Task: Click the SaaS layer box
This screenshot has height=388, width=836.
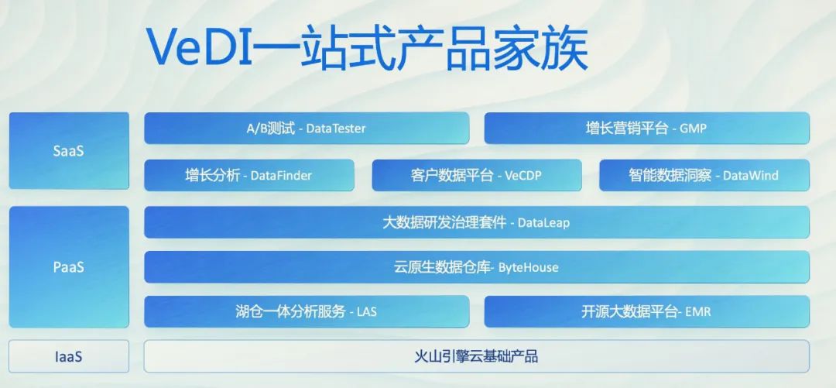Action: point(69,151)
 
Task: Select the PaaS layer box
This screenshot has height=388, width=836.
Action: point(69,266)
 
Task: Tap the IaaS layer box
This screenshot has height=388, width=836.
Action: point(69,356)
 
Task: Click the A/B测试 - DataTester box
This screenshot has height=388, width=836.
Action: point(307,129)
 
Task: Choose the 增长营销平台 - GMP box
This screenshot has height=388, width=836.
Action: point(646,129)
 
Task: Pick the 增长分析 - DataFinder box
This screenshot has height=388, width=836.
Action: point(248,175)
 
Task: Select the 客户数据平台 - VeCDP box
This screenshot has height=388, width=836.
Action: point(476,175)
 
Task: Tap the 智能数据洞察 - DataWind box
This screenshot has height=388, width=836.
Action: point(704,175)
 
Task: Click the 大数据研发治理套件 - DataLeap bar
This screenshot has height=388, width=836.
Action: point(476,222)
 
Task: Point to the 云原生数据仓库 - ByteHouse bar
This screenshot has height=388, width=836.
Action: point(476,267)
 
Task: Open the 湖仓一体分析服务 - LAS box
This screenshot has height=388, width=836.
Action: point(307,312)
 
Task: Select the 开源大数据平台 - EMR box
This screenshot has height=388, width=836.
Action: point(646,312)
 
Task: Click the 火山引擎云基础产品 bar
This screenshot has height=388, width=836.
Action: point(476,356)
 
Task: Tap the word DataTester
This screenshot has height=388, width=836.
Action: point(336,129)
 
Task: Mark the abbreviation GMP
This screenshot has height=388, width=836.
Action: point(693,129)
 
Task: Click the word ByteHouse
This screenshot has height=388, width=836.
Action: point(528,267)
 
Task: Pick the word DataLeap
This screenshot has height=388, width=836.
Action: point(543,222)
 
